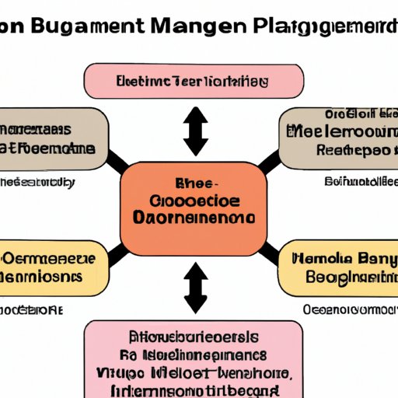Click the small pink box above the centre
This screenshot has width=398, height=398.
193,81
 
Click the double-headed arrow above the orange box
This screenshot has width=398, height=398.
194,131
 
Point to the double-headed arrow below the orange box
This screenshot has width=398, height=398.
194,288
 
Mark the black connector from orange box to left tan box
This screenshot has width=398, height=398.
118,162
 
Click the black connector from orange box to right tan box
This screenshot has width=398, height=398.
268,162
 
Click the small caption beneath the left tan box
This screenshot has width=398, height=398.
39,183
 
